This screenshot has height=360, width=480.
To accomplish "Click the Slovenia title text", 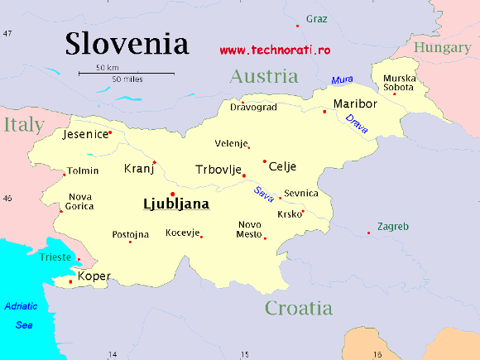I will (x=127, y=43).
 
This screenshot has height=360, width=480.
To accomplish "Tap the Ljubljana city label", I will (x=176, y=203).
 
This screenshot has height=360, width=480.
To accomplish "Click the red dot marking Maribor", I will (x=324, y=112).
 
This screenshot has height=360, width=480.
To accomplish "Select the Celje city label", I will (x=282, y=166).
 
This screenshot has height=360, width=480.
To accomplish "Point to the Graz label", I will (x=316, y=18).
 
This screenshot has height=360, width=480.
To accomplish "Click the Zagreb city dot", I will (x=369, y=233).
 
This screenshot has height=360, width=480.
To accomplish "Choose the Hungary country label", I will (x=442, y=48).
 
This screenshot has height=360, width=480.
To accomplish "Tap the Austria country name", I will (x=263, y=77).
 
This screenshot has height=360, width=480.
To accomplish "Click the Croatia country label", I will (x=299, y=309).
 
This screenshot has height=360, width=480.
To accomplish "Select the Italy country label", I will (x=22, y=125).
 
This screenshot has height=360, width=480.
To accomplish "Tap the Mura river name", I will (x=341, y=80).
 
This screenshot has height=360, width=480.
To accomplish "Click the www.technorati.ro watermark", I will (x=275, y=50).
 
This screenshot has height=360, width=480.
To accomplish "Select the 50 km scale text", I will (x=107, y=67).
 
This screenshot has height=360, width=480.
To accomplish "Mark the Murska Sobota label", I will (x=399, y=83).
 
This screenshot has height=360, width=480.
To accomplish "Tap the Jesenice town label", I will (x=86, y=133).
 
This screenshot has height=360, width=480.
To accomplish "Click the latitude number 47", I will (x=7, y=33).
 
